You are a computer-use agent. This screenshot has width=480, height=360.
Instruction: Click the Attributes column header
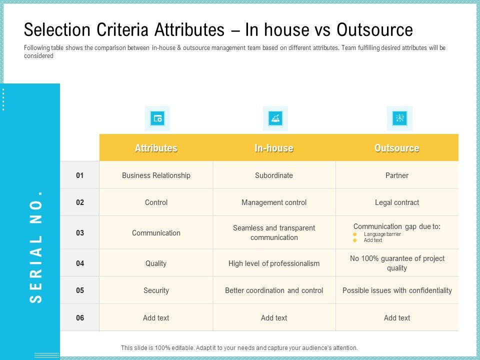tap(156, 148)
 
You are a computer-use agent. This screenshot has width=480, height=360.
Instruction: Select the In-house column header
tap(274, 148)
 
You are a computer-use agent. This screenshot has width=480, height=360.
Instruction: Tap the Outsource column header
tap(397, 148)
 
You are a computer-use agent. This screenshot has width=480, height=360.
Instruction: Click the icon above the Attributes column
tap(157, 118)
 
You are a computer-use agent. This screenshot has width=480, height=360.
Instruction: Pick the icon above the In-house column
tap(275, 118)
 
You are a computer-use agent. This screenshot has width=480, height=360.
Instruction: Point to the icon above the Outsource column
tap(399, 118)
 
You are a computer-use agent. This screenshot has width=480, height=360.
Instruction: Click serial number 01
tap(80, 175)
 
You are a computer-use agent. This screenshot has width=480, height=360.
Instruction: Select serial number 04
tap(80, 263)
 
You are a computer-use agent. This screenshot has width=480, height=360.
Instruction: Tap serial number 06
tap(80, 317)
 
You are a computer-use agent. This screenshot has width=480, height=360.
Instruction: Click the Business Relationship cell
tap(156, 175)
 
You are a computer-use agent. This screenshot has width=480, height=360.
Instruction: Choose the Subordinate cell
tap(274, 175)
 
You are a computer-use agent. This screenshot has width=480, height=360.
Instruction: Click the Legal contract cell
tap(397, 202)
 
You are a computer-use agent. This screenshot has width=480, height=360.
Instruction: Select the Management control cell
tap(274, 202)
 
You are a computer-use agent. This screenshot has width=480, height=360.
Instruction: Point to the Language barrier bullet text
tap(382, 234)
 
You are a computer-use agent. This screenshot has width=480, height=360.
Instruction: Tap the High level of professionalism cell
tap(274, 263)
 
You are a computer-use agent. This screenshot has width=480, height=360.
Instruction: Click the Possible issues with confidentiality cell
tap(397, 290)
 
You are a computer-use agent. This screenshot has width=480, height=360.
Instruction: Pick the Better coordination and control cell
tap(274, 290)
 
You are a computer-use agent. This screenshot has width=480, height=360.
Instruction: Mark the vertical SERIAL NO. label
tap(36, 246)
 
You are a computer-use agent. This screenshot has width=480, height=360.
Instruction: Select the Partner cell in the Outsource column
tap(397, 175)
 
